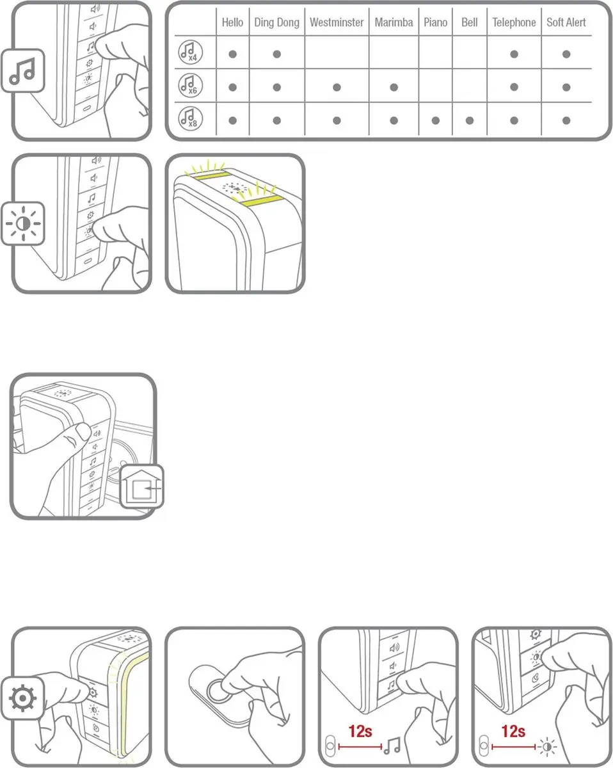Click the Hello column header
tap(232, 22)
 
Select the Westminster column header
tap(337, 22)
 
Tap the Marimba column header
tap(394, 22)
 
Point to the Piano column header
tap(435, 22)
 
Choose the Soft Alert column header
tap(566, 22)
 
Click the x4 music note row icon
tap(190, 52)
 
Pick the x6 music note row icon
tap(190, 85)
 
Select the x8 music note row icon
tap(190, 118)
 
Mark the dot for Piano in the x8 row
tap(435, 120)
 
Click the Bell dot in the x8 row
tap(470, 120)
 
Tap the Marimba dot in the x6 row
tap(394, 87)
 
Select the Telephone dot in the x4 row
tap(514, 54)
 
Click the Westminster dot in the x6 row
tap(337, 87)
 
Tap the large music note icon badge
tap(23, 70)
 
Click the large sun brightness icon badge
tap(23, 224)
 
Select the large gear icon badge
tap(23, 698)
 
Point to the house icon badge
tap(141, 486)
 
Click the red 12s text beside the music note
tap(360, 732)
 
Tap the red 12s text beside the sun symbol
tap(513, 732)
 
